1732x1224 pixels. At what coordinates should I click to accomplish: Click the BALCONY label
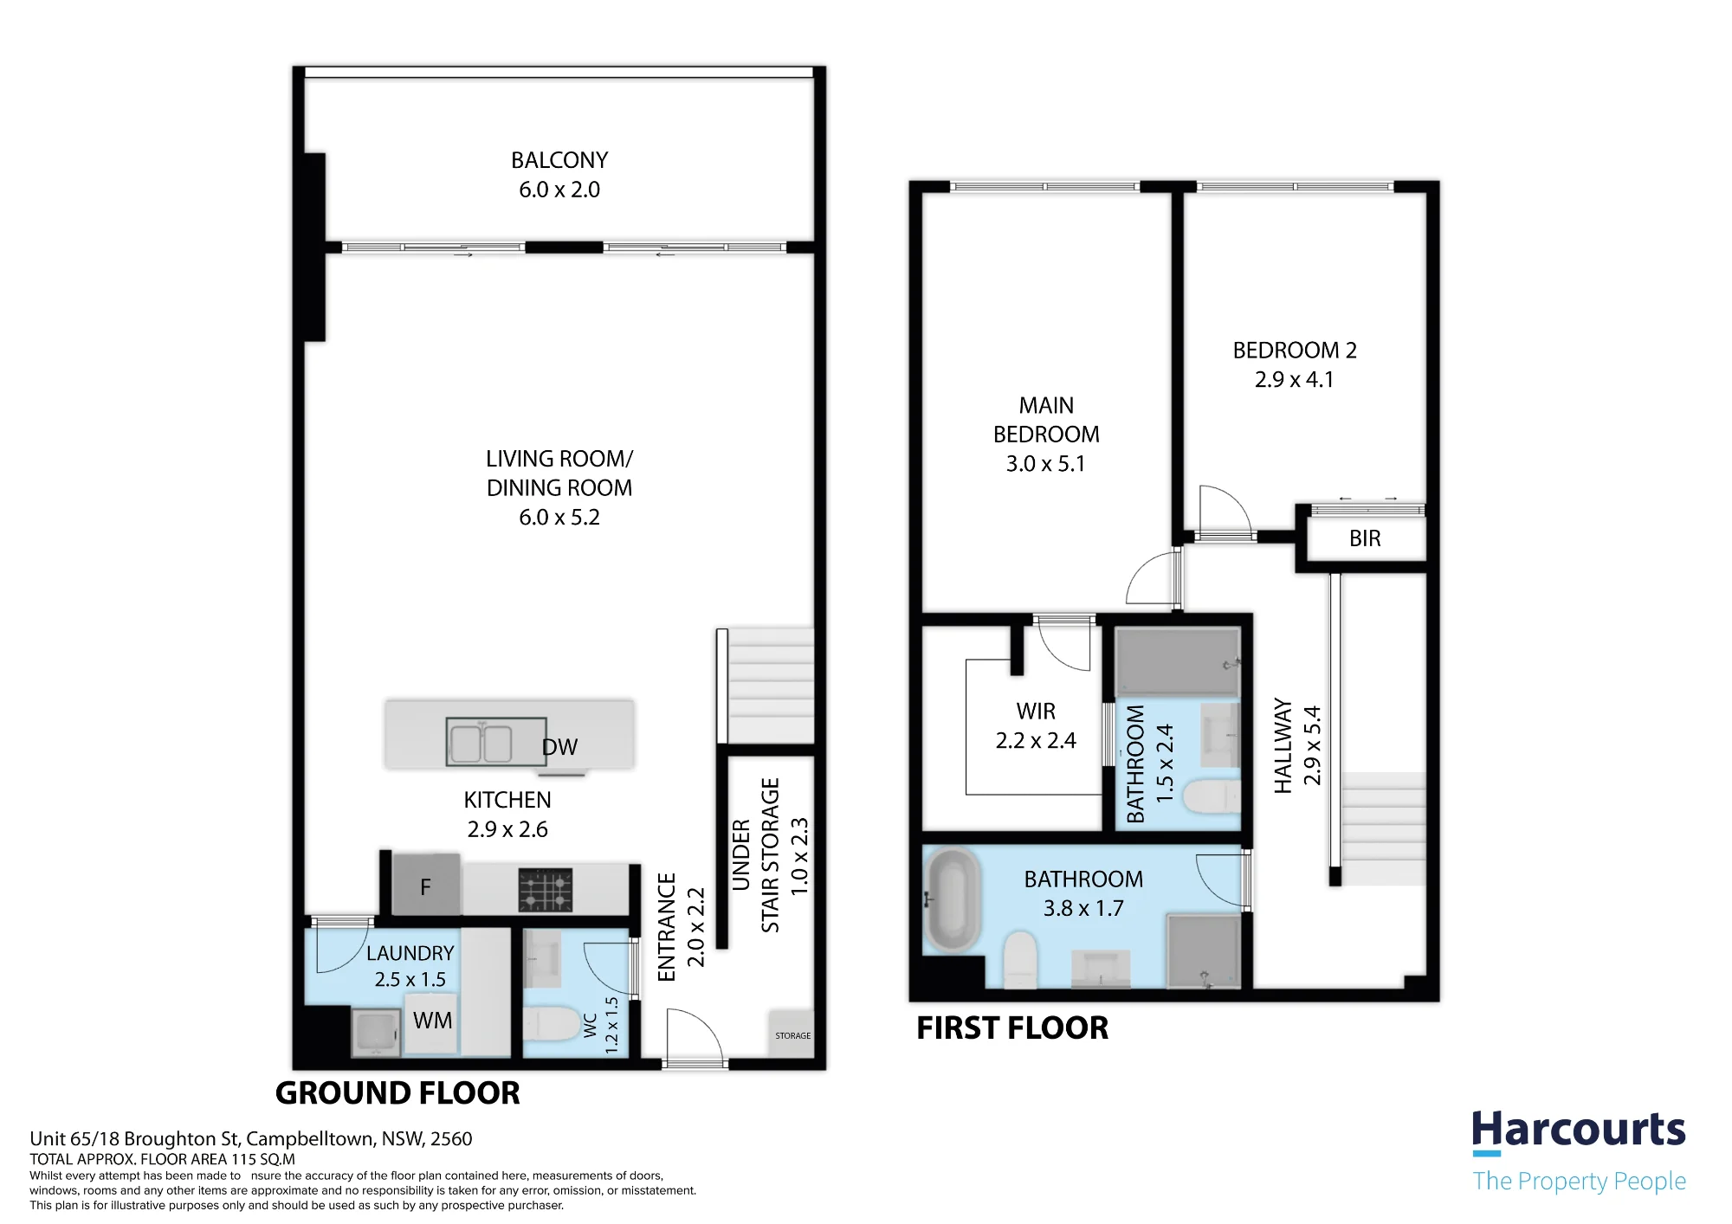click(x=559, y=160)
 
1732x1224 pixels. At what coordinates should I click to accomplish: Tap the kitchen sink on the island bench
click(x=496, y=742)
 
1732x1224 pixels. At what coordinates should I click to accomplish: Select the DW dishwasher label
click(x=559, y=747)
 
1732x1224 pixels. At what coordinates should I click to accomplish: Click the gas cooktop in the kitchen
click(x=546, y=890)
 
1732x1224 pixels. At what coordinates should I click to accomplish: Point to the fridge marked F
click(x=426, y=885)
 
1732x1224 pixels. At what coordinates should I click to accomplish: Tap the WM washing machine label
click(x=432, y=1021)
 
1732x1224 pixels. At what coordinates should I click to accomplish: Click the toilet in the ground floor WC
click(x=551, y=1025)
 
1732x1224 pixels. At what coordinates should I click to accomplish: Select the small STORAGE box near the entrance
click(x=792, y=1034)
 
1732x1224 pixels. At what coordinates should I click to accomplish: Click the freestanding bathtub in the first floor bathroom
click(x=952, y=900)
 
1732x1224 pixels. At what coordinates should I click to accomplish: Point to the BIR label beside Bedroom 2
click(x=1365, y=538)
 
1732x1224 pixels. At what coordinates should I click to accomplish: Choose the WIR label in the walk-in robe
click(x=1036, y=712)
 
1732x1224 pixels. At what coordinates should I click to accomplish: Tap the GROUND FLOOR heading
click(x=397, y=1093)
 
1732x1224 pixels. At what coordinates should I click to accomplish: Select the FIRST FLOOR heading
click(x=1012, y=1028)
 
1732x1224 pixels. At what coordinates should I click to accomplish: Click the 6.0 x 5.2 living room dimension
click(x=559, y=518)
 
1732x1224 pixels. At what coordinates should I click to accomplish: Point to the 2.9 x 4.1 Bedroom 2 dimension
click(x=1294, y=380)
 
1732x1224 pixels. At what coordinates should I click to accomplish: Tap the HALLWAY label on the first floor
click(x=1283, y=746)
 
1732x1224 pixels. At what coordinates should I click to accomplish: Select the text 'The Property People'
click(x=1580, y=1182)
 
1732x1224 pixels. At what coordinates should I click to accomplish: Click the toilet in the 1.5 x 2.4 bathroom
click(x=1211, y=797)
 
